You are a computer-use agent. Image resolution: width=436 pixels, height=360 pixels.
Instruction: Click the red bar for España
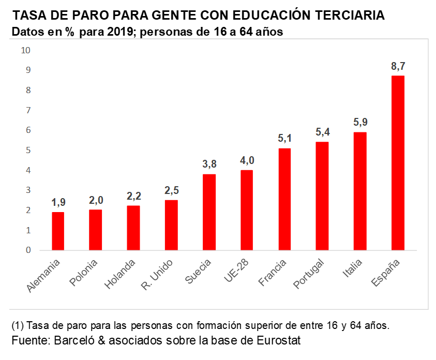tap(398, 163)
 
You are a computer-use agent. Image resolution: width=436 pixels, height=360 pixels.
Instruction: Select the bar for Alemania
tap(58, 231)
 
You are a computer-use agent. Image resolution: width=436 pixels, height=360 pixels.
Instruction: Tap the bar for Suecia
tap(209, 212)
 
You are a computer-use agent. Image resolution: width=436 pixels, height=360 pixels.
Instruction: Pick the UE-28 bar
tap(247, 210)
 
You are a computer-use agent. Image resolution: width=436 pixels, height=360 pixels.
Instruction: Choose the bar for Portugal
tap(322, 196)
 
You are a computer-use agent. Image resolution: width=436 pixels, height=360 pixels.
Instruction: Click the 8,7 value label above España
tap(398, 66)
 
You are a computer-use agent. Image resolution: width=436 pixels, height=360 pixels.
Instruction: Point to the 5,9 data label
tap(360, 123)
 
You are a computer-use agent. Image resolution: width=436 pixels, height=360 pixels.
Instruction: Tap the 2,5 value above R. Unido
tap(171, 190)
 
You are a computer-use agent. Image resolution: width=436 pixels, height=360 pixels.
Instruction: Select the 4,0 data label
tap(247, 160)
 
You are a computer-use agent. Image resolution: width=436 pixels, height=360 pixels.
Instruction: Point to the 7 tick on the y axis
tap(28, 110)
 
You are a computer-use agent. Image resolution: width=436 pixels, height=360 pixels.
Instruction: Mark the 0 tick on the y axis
tap(28, 250)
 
